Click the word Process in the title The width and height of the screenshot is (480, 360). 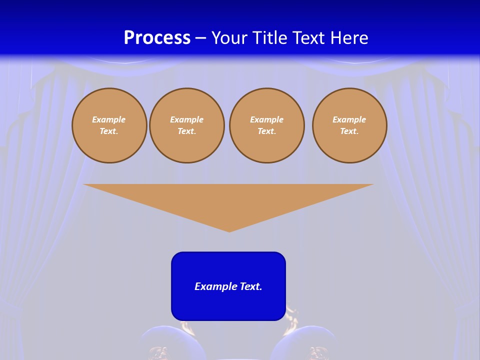(x=157, y=38)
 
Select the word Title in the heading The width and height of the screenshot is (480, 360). (x=273, y=38)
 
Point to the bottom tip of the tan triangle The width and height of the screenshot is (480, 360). (x=229, y=230)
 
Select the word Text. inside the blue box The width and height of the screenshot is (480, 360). (x=251, y=286)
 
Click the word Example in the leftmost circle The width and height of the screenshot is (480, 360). (x=109, y=119)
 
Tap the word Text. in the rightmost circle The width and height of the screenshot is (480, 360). (x=349, y=131)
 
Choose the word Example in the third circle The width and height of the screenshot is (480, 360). (x=266, y=119)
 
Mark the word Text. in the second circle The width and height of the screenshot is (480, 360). (x=186, y=131)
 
